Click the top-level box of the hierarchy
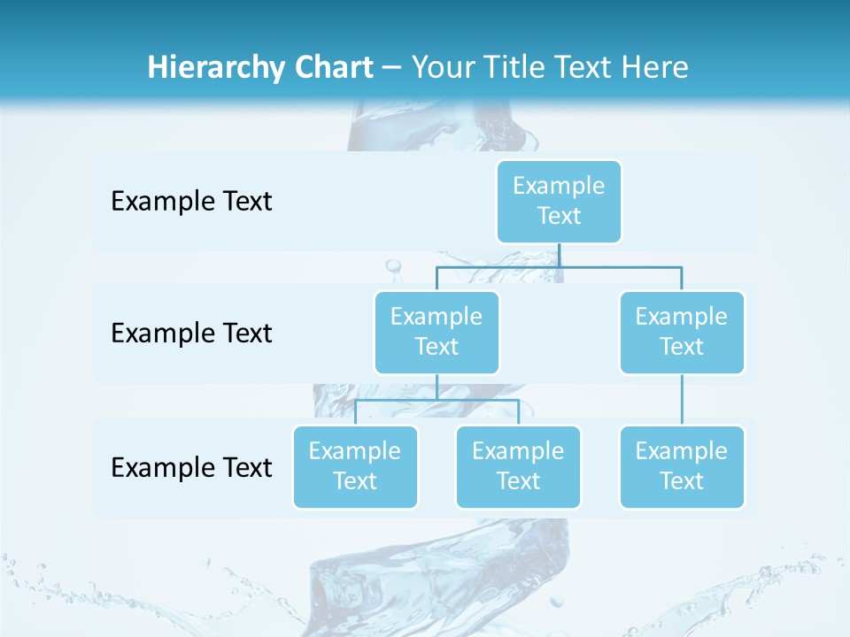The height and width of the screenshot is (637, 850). tap(559, 201)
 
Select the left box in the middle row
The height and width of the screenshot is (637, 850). tap(437, 332)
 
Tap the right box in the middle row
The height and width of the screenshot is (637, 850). tap(682, 332)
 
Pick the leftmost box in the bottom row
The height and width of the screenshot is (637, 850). tap(355, 466)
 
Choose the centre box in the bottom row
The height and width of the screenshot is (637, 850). tap(518, 466)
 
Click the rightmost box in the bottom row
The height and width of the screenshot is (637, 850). tap(682, 466)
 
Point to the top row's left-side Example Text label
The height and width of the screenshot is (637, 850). tap(191, 202)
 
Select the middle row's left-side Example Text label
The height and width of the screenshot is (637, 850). tap(191, 334)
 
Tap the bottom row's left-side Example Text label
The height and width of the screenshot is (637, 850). tap(191, 467)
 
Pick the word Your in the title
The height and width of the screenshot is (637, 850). tap(444, 68)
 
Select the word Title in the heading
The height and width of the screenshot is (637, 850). tap(519, 68)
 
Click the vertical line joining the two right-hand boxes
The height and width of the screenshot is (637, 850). tap(682, 399)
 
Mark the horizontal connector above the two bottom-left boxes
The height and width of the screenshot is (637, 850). tap(437, 400)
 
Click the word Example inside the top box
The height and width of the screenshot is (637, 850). tap(559, 186)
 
